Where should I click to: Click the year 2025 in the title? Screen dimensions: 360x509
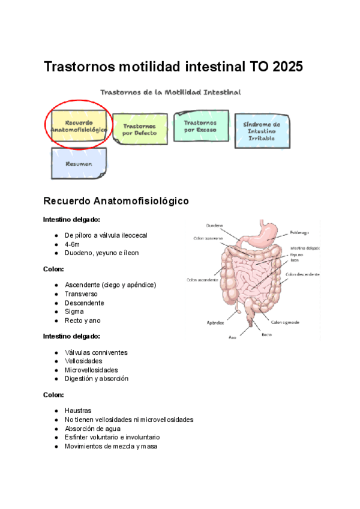click(x=287, y=67)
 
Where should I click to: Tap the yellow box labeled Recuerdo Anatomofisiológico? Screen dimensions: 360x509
click(x=79, y=125)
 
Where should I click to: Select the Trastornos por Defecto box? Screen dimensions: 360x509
click(x=139, y=129)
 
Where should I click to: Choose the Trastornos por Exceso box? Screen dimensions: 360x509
click(x=200, y=125)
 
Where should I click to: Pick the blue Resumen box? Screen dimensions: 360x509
click(x=79, y=163)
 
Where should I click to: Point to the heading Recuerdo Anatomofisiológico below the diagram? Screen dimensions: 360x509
click(x=116, y=200)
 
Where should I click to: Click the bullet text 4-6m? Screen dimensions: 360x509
click(x=72, y=244)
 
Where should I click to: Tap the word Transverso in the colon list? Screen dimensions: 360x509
click(x=81, y=294)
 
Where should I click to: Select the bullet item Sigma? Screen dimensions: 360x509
click(x=74, y=312)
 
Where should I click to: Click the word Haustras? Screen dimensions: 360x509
click(x=78, y=411)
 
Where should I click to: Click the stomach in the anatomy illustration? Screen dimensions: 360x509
click(x=266, y=234)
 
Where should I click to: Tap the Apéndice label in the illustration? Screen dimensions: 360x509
click(x=215, y=322)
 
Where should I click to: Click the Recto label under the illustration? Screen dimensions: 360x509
click(x=267, y=334)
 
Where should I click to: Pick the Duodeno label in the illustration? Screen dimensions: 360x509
click(x=215, y=226)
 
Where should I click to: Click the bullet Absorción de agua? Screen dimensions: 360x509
click(x=92, y=429)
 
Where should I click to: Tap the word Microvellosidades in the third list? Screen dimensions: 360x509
click(x=91, y=370)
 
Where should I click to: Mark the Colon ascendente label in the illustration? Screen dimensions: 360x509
click(x=202, y=280)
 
